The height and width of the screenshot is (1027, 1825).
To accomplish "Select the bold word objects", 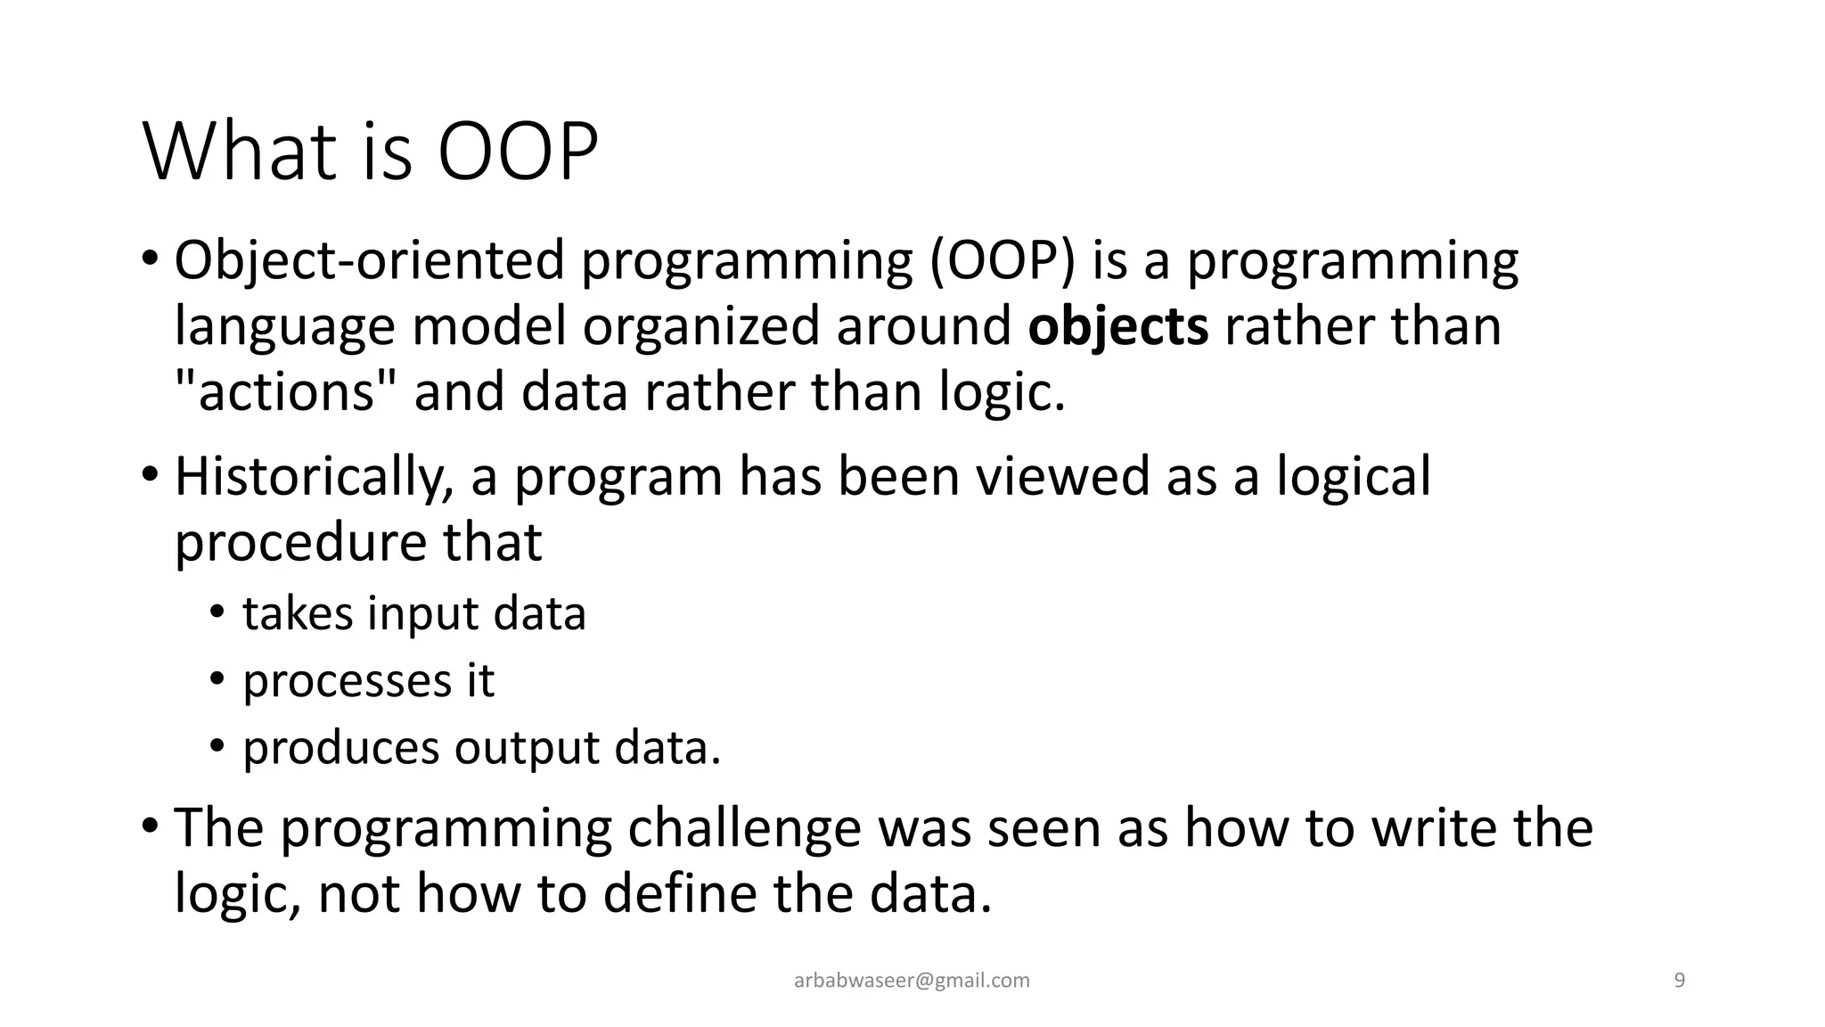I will coord(1117,326).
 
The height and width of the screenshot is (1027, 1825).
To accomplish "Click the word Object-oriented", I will coord(370,261).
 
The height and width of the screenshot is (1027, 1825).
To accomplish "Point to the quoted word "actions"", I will coord(285,392).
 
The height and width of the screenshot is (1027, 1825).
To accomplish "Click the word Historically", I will coord(315,477).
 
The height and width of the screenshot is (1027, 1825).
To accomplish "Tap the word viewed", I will coord(1061,477).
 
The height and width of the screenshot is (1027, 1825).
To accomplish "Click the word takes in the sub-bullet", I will coord(297,614).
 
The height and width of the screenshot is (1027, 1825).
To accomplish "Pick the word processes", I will coord(347,682).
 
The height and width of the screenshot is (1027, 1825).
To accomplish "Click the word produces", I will coord(340,748).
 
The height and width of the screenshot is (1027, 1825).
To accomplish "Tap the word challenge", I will coord(744,828).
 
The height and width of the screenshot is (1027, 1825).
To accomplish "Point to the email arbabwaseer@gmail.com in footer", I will coord(912,982).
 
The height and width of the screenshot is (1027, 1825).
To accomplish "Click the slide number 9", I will coord(1680,982).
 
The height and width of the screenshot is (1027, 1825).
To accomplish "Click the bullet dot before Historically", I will coord(150,473).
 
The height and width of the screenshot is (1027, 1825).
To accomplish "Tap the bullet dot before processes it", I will coord(217,679).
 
